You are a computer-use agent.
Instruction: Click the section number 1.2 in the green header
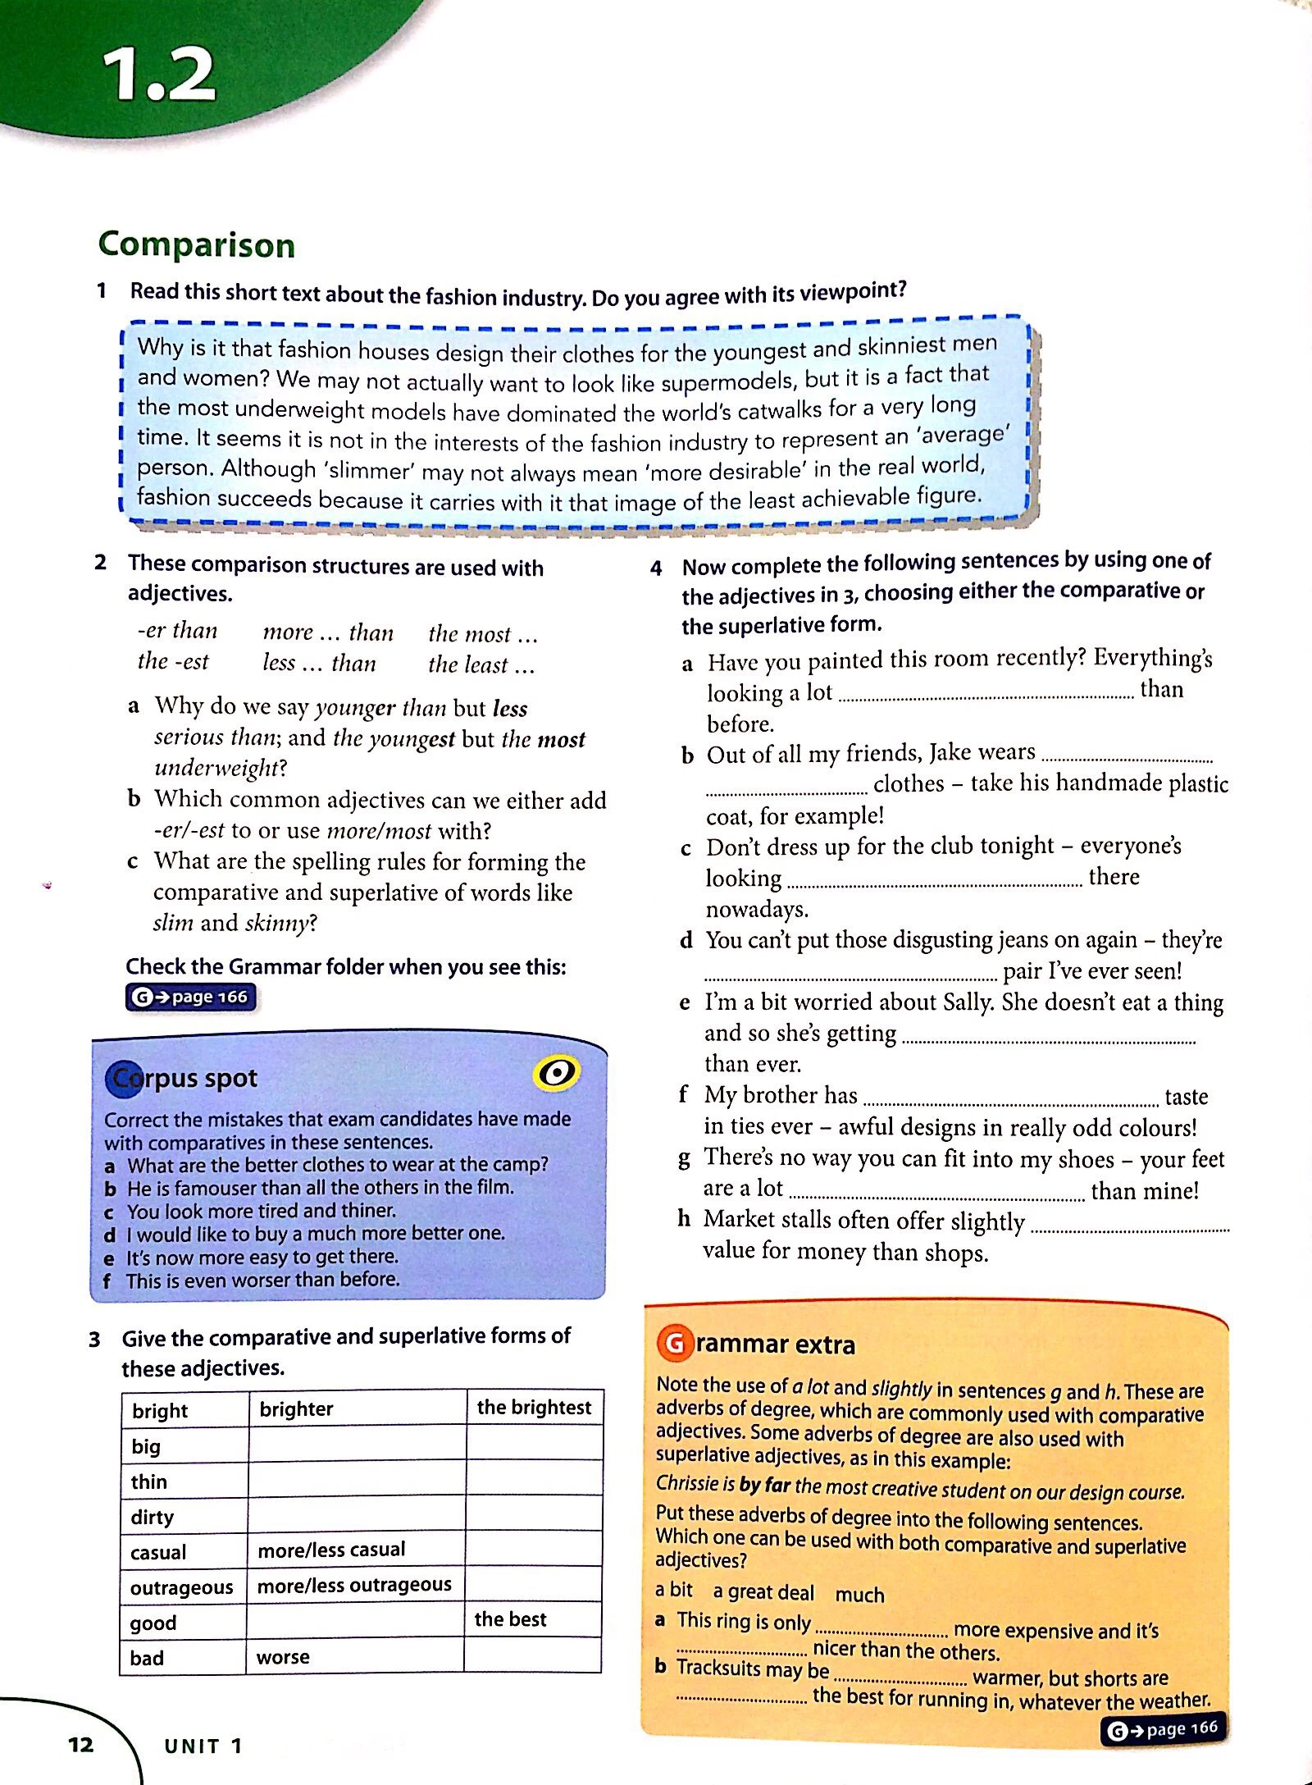[x=159, y=75]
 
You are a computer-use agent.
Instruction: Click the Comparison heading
[x=196, y=244]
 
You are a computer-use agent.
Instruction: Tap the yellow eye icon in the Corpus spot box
[x=557, y=1073]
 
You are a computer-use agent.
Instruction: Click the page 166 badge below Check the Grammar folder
[x=191, y=997]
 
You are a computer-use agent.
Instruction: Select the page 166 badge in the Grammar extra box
[x=1164, y=1729]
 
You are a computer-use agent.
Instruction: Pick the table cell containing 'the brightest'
[x=534, y=1408]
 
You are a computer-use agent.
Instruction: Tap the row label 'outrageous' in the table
[x=181, y=1587]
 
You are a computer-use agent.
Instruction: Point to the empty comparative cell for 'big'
[x=357, y=1444]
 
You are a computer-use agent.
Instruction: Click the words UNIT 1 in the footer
[x=203, y=1746]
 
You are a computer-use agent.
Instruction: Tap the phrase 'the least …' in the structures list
[x=481, y=664]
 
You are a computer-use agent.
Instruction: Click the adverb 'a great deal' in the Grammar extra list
[x=763, y=1592]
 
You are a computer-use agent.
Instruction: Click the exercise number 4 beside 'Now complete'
[x=656, y=568]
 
